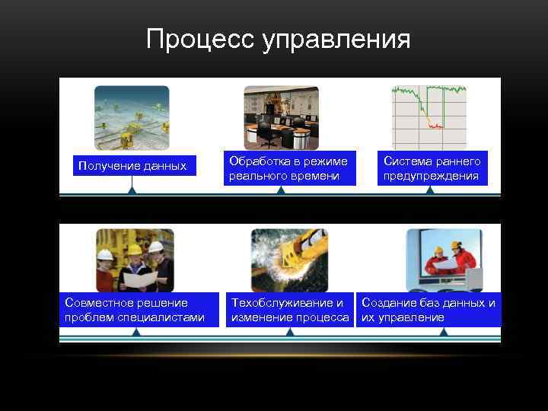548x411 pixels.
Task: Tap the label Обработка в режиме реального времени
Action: (288, 169)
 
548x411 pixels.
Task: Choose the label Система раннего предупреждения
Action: (432, 169)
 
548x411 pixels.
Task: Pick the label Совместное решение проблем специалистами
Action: (135, 310)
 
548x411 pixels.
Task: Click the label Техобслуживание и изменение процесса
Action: (290, 310)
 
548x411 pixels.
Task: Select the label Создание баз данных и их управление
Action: (429, 310)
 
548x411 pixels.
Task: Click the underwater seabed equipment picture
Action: (132, 117)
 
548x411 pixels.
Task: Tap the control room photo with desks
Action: (281, 117)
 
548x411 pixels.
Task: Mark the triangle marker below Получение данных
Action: (132, 190)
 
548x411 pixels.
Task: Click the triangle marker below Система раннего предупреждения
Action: (430, 190)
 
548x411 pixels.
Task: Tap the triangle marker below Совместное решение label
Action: (135, 333)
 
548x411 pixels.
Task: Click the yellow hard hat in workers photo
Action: (135, 248)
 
